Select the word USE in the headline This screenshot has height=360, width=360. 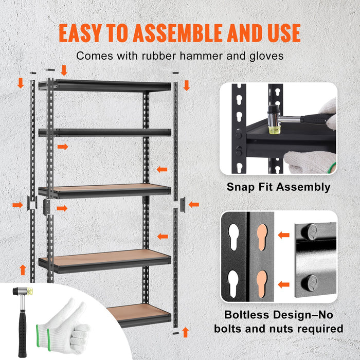click(x=282, y=32)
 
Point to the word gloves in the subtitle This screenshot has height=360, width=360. click(x=265, y=56)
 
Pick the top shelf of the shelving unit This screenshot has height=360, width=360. click(x=105, y=85)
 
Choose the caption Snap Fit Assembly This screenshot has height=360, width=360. click(x=278, y=187)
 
